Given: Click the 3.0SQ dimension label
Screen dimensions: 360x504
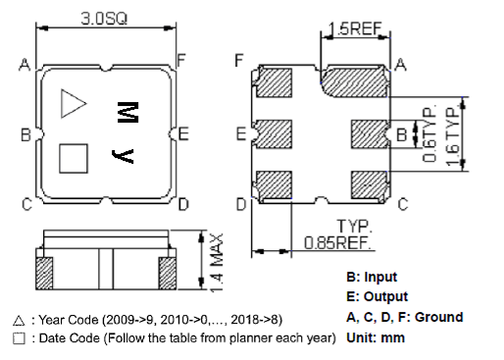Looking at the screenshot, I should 105,17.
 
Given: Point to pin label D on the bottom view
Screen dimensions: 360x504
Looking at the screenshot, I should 240,204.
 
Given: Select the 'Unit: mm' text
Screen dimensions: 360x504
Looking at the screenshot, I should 376,337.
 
